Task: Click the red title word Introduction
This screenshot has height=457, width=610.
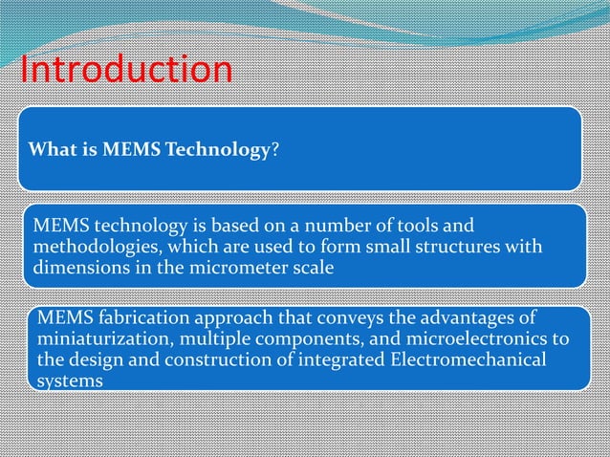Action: [x=125, y=70]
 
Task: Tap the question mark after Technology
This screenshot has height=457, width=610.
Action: [x=275, y=149]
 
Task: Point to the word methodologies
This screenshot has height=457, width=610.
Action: [x=91, y=248]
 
